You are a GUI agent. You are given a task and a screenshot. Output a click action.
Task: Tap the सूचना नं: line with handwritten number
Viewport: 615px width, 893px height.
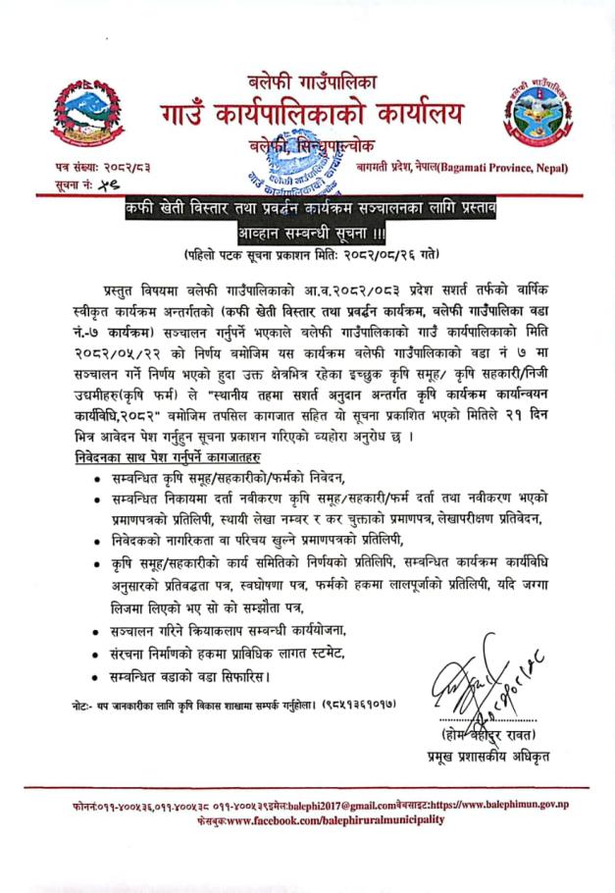click(86, 185)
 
